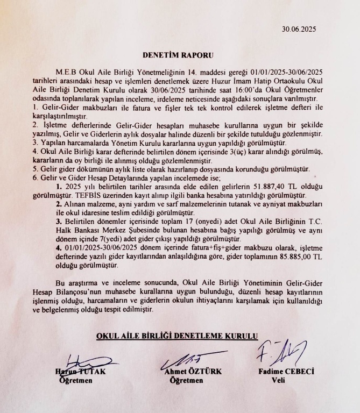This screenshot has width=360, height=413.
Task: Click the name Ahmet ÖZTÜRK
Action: (187, 372)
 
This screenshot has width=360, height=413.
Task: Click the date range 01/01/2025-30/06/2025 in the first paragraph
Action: (290, 70)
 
